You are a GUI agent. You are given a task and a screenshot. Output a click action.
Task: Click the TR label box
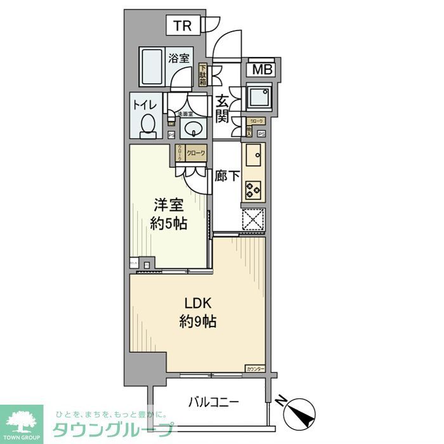coord(183,26)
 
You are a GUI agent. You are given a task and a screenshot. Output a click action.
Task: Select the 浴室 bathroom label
coord(179,58)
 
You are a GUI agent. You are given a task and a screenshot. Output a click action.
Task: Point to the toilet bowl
coord(148,125)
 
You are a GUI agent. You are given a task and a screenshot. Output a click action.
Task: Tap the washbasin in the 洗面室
coord(192,129)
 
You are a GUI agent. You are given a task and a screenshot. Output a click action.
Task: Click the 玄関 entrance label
coord(222,108)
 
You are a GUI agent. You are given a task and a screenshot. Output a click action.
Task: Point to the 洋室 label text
coord(169,206)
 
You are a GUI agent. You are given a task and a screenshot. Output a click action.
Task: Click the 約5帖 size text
coord(169,224)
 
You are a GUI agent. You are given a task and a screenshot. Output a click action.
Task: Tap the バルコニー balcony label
coord(213,402)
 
